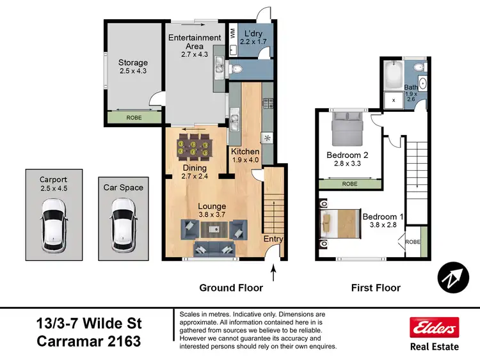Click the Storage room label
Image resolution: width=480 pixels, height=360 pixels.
pos(132,63)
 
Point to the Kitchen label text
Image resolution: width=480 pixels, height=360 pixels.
pos(244,151)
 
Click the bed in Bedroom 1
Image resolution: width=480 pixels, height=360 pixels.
pos(337,223)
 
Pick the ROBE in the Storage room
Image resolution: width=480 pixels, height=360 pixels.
pos(134,118)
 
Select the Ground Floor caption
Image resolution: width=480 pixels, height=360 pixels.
pos(231,288)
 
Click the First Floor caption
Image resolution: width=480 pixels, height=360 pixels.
pos(376,288)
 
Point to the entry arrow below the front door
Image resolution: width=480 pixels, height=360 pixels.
pos(274,274)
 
